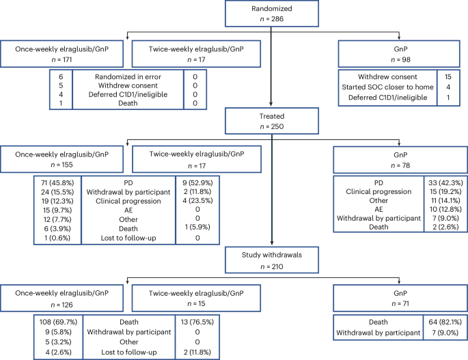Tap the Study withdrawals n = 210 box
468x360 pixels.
(x=273, y=259)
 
